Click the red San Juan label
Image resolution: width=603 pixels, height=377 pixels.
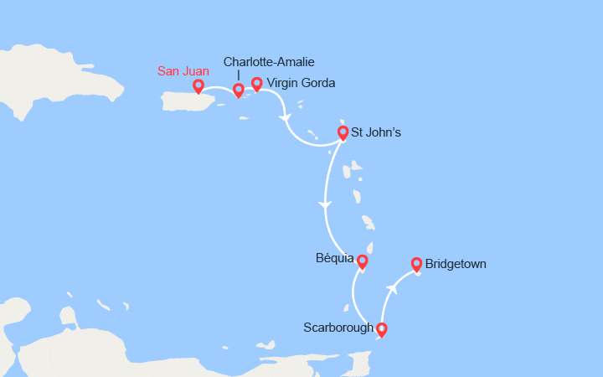pos(183,71)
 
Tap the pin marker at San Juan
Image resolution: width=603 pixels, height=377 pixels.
pos(198,85)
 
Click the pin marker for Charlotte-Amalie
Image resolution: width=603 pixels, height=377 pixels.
pos(239,90)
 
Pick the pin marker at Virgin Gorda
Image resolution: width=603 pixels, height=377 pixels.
pos(257,83)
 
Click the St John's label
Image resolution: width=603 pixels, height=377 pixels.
pos(370,132)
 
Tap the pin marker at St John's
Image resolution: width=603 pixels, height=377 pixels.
pos(343,132)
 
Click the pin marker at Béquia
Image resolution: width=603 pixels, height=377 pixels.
pos(363,261)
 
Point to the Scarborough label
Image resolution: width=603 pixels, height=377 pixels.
pos(338,328)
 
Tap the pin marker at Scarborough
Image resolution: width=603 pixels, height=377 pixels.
pos(382,328)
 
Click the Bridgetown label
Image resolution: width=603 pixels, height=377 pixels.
pos(456,264)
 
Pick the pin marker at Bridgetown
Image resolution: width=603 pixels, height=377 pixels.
pos(416,264)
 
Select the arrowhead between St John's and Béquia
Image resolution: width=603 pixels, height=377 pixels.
pos(326,205)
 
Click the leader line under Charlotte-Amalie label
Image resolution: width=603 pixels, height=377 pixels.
pos(239,75)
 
